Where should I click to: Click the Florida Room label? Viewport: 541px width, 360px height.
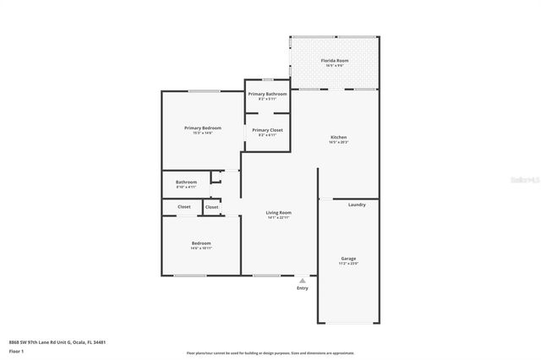(334, 61)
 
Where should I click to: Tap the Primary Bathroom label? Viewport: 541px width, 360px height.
(267, 94)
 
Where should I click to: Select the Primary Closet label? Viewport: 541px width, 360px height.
(267, 130)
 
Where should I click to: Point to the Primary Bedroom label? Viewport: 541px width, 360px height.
(203, 128)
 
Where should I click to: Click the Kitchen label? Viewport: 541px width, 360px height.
(338, 137)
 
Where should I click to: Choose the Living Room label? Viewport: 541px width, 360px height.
(278, 213)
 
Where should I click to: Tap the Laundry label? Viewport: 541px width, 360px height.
(357, 205)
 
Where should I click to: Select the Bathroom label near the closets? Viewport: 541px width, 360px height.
(186, 182)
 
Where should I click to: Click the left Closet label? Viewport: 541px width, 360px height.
(183, 207)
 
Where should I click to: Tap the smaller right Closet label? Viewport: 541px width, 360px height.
(211, 207)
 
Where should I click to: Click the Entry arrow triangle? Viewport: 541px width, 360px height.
(302, 280)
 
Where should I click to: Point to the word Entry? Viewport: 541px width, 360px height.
(302, 288)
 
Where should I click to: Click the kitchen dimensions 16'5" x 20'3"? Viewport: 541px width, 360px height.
(338, 142)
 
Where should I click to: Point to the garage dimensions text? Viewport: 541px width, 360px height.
(348, 265)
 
